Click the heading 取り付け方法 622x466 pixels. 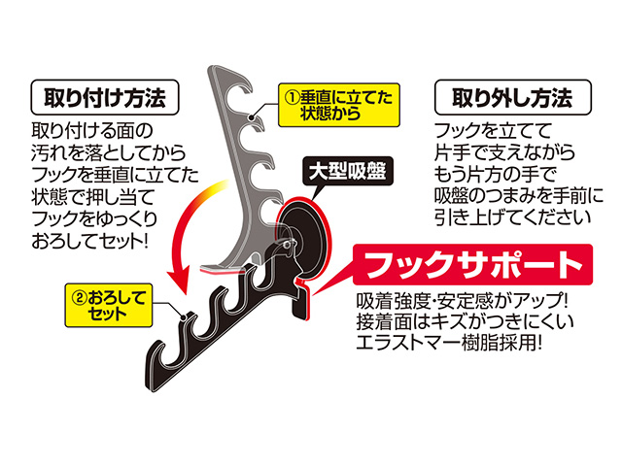click(105, 97)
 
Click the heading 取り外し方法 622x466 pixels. click(513, 97)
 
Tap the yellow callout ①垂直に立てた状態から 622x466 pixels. click(339, 105)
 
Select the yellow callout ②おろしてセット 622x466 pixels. click(109, 305)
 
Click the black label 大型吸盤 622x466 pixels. click(348, 172)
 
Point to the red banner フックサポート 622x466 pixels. click(473, 265)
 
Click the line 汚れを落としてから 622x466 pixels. click(108, 153)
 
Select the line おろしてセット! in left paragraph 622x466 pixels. click(89, 241)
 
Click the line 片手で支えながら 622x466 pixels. click(504, 152)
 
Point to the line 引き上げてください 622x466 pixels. click(512, 217)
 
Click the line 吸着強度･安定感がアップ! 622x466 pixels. click(463, 301)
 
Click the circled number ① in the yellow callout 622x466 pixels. click(293, 97)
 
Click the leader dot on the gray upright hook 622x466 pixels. click(251, 117)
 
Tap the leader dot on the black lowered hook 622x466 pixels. click(184, 317)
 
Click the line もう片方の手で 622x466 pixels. click(496, 175)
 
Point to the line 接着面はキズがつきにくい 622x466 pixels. click(465, 321)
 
